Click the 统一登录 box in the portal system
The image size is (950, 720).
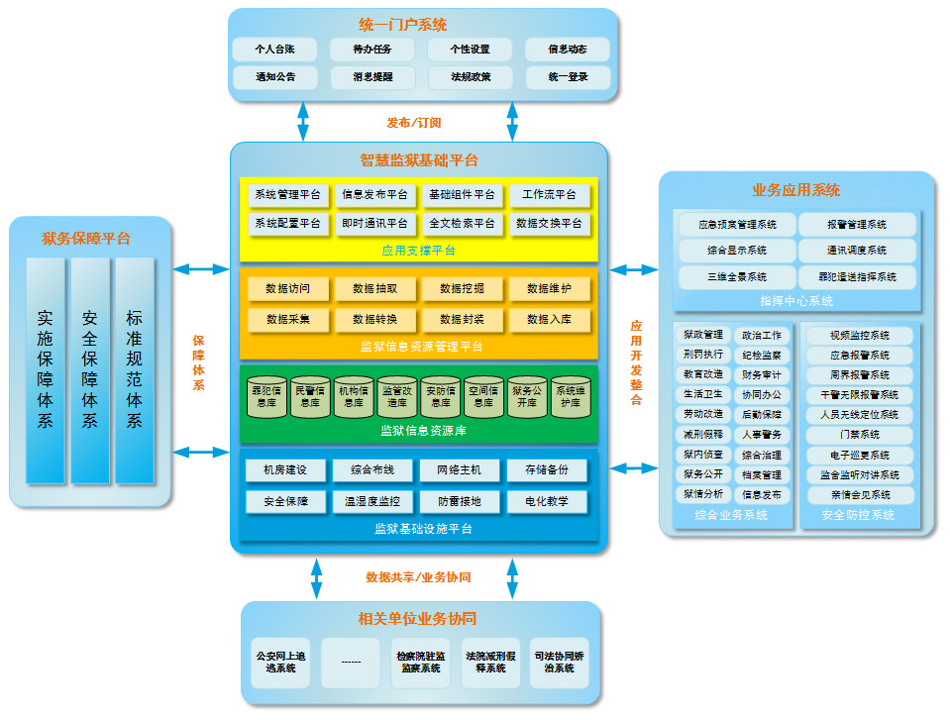click(x=568, y=77)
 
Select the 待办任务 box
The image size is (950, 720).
click(x=372, y=49)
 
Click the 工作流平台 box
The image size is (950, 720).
click(x=549, y=195)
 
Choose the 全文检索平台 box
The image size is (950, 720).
click(x=462, y=224)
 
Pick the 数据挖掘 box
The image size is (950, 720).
click(x=462, y=289)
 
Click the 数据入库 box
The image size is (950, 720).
click(x=549, y=320)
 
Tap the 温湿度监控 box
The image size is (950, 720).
click(x=373, y=502)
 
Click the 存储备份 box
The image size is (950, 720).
click(x=547, y=470)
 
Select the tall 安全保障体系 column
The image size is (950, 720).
click(x=90, y=370)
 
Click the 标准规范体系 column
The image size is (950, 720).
click(x=134, y=370)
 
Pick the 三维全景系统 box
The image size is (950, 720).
click(x=737, y=277)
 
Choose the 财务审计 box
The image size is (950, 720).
click(x=761, y=375)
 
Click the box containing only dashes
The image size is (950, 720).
click(x=351, y=662)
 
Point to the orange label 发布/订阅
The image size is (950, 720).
click(x=413, y=124)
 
